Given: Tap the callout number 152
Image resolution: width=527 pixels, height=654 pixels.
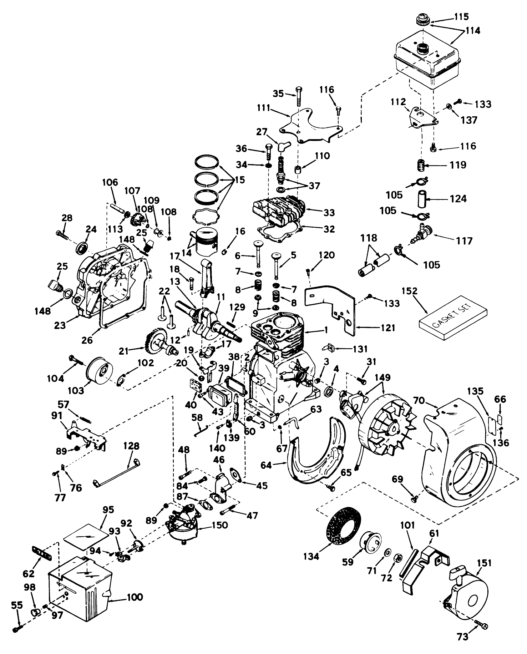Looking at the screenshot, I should point(409,291).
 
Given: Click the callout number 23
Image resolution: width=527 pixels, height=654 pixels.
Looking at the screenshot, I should point(60,325).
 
